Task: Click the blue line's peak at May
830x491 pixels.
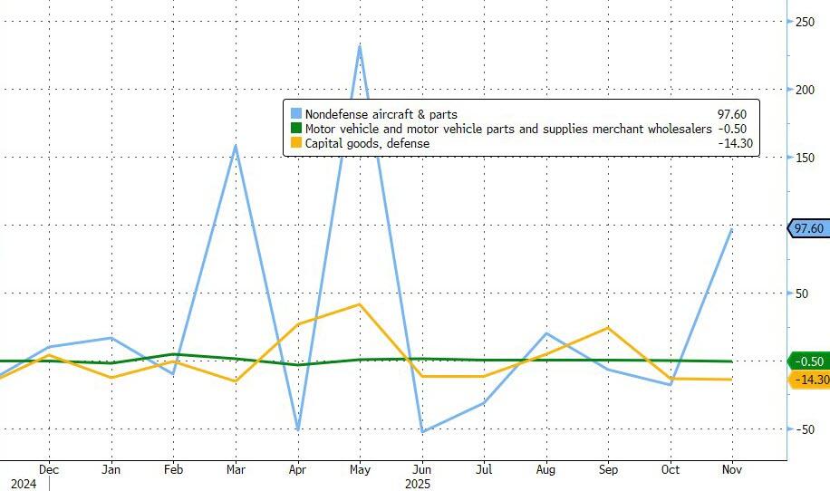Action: coord(360,46)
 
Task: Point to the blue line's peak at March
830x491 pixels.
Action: coord(236,145)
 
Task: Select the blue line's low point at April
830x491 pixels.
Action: coord(297,429)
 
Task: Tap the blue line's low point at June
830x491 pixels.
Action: coord(421,431)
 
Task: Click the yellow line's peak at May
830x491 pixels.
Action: coord(360,304)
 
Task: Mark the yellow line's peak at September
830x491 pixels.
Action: coord(608,328)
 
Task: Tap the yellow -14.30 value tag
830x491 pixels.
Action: coord(810,380)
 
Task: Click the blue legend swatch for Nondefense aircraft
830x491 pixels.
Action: coord(295,114)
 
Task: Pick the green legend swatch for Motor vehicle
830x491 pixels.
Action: coord(295,129)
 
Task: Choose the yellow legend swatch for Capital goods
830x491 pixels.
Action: coord(295,143)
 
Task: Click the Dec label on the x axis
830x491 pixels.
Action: coord(49,470)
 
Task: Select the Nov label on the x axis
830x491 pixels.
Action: coord(732,470)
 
